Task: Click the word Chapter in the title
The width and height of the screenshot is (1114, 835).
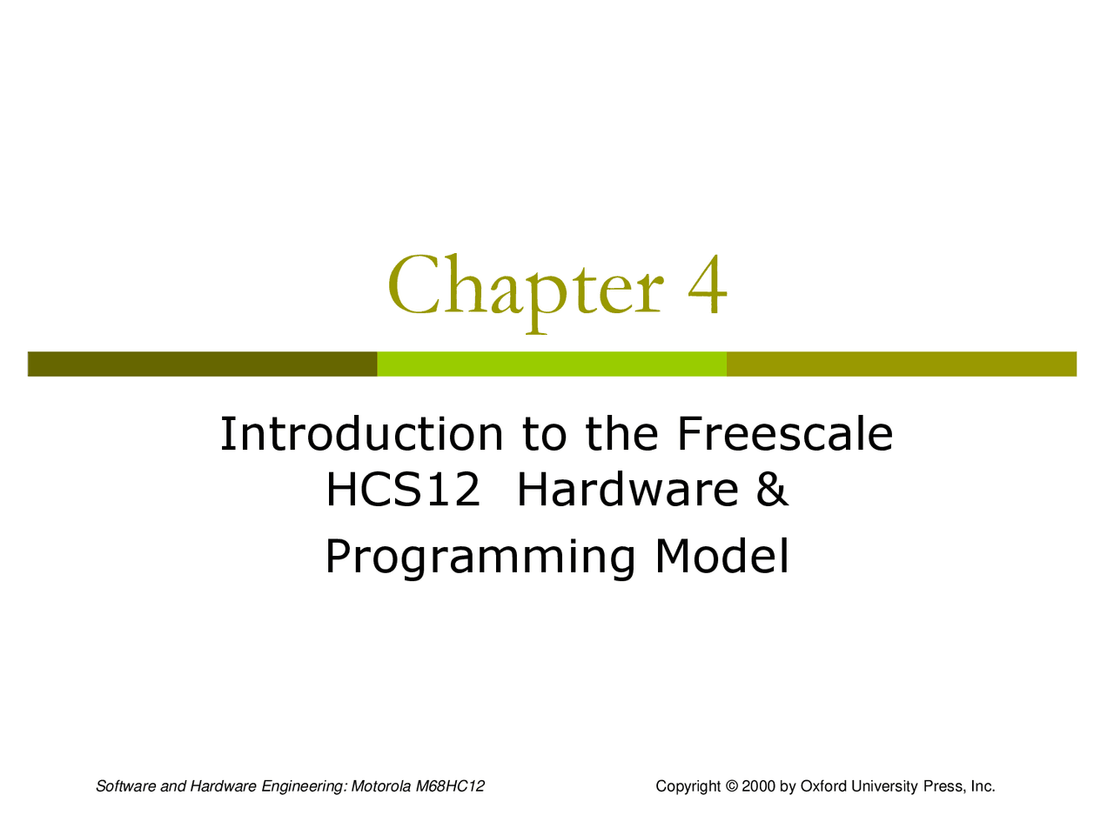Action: click(525, 287)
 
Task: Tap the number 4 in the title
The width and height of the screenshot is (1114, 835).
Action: click(708, 285)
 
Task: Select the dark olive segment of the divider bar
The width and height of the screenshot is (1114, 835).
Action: click(202, 364)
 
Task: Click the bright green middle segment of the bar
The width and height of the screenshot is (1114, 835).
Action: click(552, 364)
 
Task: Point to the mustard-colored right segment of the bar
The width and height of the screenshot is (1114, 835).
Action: click(902, 364)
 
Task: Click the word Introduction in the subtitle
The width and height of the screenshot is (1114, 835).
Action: click(361, 434)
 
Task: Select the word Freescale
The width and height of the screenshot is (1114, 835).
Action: click(784, 434)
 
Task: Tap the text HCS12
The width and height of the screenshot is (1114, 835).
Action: click(403, 490)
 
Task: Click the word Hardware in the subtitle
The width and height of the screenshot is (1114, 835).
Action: click(627, 490)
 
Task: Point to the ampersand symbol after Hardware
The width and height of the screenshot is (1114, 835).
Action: click(772, 490)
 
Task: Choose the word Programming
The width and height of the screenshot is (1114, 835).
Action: click(480, 558)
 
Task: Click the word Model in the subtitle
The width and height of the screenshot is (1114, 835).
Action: click(721, 556)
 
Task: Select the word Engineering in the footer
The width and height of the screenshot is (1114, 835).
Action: click(304, 787)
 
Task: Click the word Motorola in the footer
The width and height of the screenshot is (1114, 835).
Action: click(381, 786)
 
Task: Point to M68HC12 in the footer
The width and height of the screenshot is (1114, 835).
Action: click(450, 786)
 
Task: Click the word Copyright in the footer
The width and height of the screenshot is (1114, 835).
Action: click(688, 786)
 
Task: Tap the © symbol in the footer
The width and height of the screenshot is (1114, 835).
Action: click(731, 786)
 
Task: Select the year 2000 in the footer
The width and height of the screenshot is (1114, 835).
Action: click(758, 786)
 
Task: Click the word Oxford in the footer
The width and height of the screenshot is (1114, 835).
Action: click(823, 786)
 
